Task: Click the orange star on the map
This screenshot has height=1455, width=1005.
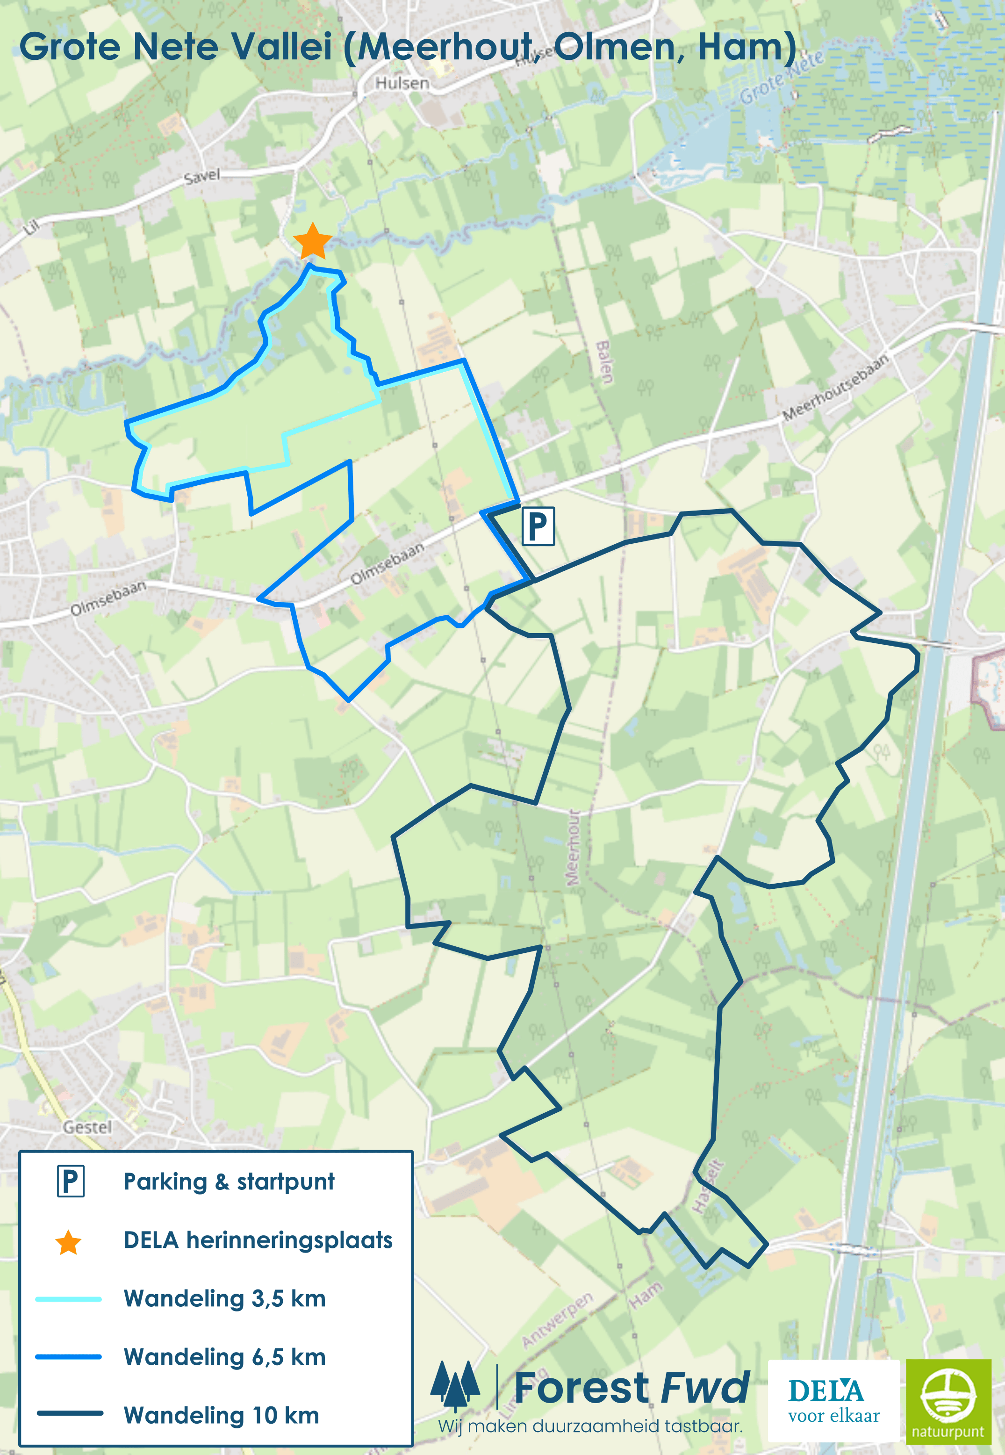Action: point(312,241)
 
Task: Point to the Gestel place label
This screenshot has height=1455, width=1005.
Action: point(87,1127)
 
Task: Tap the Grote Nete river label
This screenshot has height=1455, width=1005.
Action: point(781,77)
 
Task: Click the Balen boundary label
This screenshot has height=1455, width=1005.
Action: point(604,362)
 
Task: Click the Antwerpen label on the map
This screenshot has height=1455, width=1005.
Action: point(557,1319)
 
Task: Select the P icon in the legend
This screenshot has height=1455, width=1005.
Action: point(71,1181)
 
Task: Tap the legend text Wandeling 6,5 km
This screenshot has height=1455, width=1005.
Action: point(225,1357)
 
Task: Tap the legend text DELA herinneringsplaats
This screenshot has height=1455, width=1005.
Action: point(258,1240)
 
